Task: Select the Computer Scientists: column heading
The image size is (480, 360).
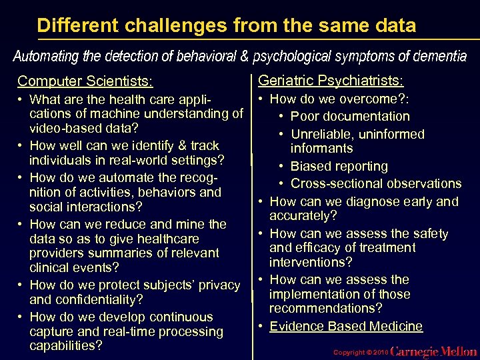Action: [x=85, y=82]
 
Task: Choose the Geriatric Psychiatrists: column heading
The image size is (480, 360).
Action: [x=330, y=81]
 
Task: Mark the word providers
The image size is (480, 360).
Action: [x=57, y=253]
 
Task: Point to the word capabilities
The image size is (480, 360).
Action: [x=65, y=346]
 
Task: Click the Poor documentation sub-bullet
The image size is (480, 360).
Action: [x=350, y=116]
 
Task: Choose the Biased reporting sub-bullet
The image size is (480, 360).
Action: [x=339, y=166]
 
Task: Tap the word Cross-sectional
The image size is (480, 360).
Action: [x=337, y=183]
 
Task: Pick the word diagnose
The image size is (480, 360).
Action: [x=359, y=201]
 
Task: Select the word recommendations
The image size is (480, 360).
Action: [x=325, y=309]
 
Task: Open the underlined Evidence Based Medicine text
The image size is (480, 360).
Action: [x=346, y=326]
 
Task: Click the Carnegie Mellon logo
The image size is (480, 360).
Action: [x=433, y=351]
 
